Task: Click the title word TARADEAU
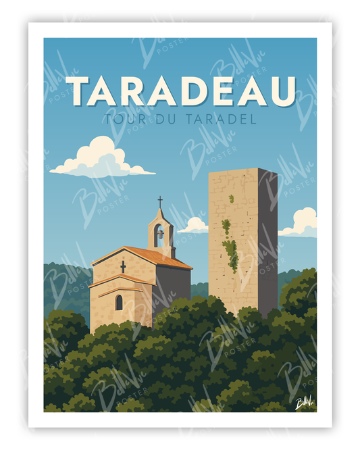click(x=181, y=91)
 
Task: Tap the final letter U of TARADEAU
click(x=282, y=91)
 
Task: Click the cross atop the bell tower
click(x=160, y=201)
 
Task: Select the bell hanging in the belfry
click(x=159, y=234)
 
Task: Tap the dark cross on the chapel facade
click(x=123, y=266)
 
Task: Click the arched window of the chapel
click(x=119, y=302)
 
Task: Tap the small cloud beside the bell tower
click(x=195, y=225)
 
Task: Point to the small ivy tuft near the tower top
click(x=231, y=199)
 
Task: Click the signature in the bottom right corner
click(x=305, y=403)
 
